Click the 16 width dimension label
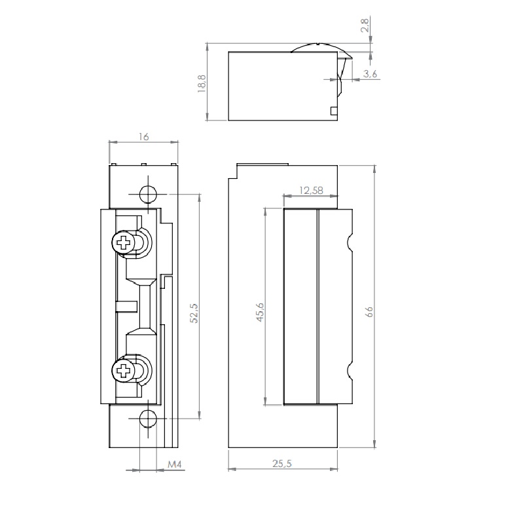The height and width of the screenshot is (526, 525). (143, 137)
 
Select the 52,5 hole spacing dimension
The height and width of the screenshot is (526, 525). (194, 313)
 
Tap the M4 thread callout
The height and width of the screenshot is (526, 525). (175, 464)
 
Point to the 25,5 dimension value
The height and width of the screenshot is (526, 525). (282, 464)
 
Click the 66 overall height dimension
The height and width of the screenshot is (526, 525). (369, 312)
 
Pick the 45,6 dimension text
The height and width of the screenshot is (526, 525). (260, 312)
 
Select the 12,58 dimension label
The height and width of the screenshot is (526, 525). (311, 191)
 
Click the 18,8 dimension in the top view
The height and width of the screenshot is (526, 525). (202, 84)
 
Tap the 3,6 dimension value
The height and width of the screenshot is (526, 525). (370, 74)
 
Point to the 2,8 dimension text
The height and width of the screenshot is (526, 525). (365, 25)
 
